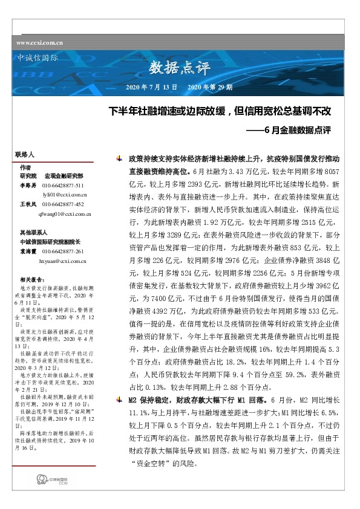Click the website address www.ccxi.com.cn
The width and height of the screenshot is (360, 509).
pos(41,43)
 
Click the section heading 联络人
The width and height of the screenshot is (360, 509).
pos(25,155)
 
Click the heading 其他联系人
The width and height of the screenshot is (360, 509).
pos(34,232)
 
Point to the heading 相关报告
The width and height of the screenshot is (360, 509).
pos(32,279)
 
